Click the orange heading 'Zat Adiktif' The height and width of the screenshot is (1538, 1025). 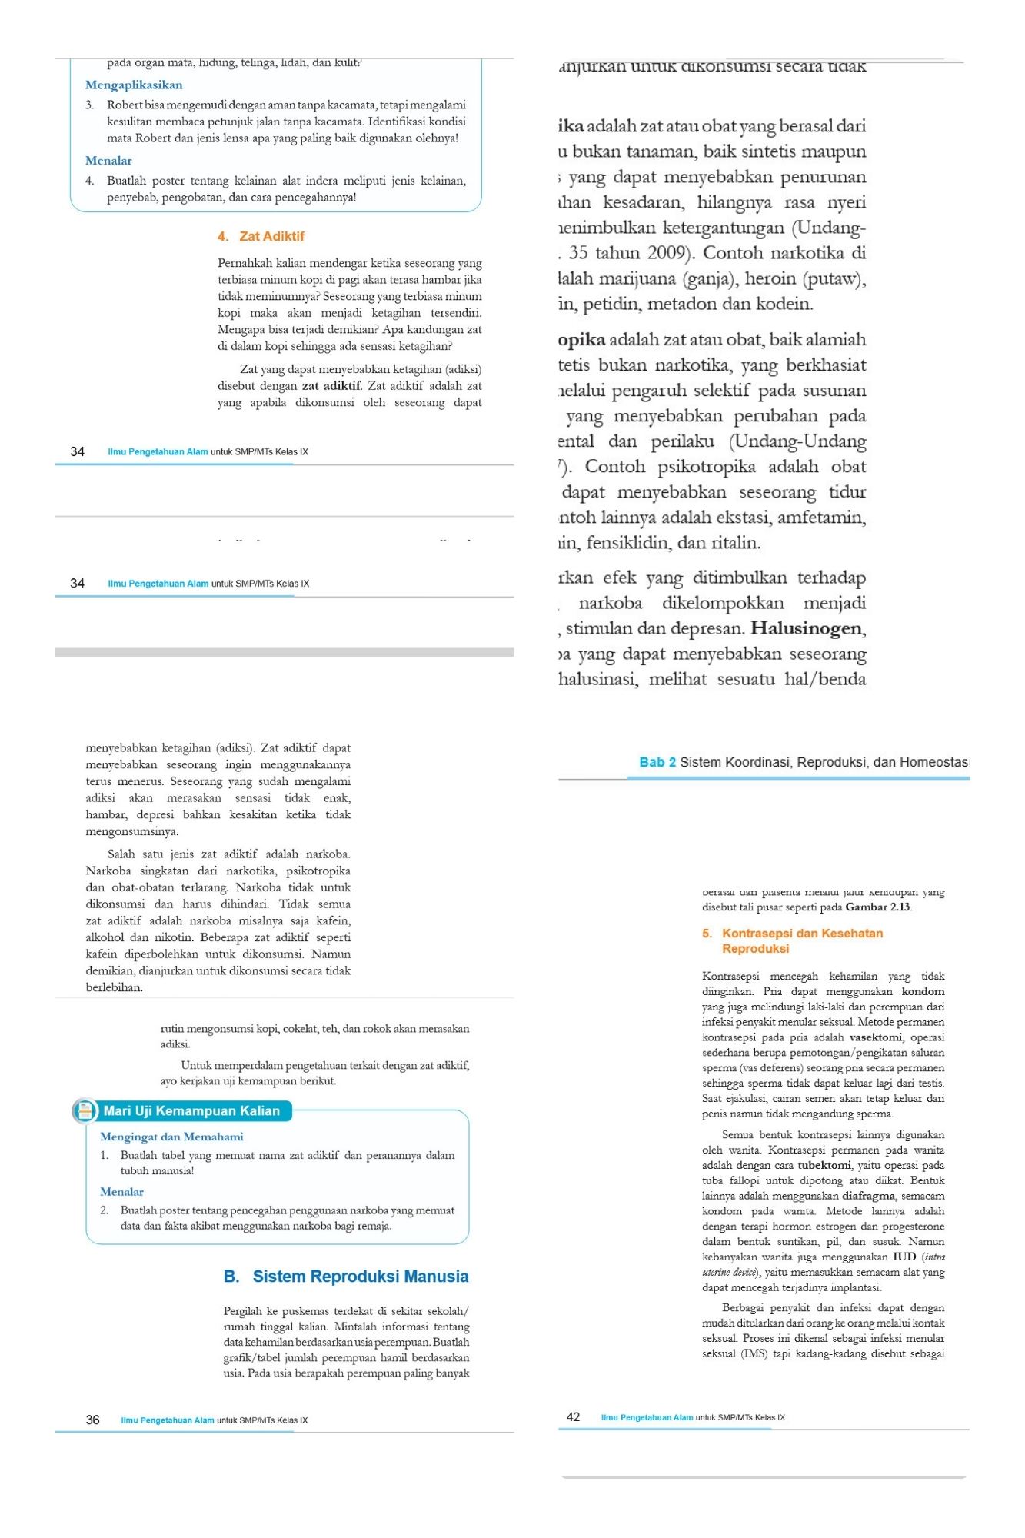(x=271, y=236)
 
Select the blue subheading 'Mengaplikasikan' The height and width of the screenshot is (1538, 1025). (x=134, y=85)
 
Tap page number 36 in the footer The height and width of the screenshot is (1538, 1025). (x=92, y=1420)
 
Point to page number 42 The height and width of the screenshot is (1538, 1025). (x=573, y=1416)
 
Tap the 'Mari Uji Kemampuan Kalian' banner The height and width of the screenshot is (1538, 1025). (x=191, y=1110)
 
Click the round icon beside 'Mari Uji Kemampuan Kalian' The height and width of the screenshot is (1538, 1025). (x=84, y=1110)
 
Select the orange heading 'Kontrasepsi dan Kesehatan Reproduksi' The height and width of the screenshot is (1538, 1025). (x=792, y=940)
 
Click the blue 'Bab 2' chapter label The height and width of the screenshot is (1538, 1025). (x=657, y=762)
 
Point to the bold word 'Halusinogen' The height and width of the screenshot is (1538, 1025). (x=807, y=628)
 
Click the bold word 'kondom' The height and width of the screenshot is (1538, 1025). (x=923, y=991)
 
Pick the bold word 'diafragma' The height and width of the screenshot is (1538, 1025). (x=868, y=1196)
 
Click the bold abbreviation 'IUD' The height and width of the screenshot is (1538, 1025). (x=904, y=1257)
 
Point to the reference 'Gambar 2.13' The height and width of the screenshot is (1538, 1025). (x=877, y=907)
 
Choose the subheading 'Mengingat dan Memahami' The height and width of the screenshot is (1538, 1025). (x=171, y=1137)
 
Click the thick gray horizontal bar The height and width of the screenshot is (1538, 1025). (x=285, y=652)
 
